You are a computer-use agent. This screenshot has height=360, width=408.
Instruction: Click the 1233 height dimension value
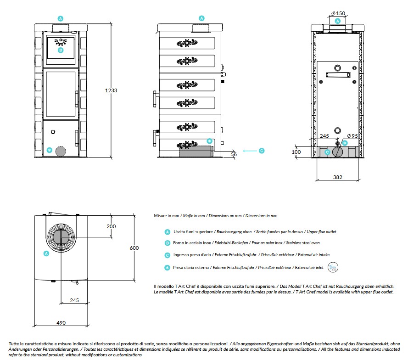[x=111, y=90]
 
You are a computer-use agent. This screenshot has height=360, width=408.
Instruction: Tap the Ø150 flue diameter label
[x=338, y=13]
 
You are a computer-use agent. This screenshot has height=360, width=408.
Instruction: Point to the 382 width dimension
[x=338, y=177]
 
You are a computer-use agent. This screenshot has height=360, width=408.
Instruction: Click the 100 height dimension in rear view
[x=296, y=152]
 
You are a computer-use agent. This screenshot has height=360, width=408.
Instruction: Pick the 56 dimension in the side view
[x=234, y=155]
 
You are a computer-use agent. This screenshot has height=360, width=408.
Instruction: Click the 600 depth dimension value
[x=134, y=248]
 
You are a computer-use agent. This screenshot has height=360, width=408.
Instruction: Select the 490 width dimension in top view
[x=61, y=323]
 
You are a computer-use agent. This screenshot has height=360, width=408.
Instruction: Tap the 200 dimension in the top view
[x=111, y=226]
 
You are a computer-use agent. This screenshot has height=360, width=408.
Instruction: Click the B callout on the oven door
[x=61, y=50]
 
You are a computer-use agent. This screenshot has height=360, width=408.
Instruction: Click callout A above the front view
[x=61, y=18]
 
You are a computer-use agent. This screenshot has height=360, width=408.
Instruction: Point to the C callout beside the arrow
[x=261, y=150]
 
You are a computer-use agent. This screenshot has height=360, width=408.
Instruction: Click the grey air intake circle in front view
[x=60, y=152]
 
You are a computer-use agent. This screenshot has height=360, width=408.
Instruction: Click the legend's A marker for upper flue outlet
[x=168, y=232]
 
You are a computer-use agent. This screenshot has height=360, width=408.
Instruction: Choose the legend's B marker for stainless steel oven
[x=168, y=243]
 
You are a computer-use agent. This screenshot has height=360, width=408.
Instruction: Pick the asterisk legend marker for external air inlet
[x=168, y=267]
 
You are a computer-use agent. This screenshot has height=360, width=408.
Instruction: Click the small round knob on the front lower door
[x=53, y=132]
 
